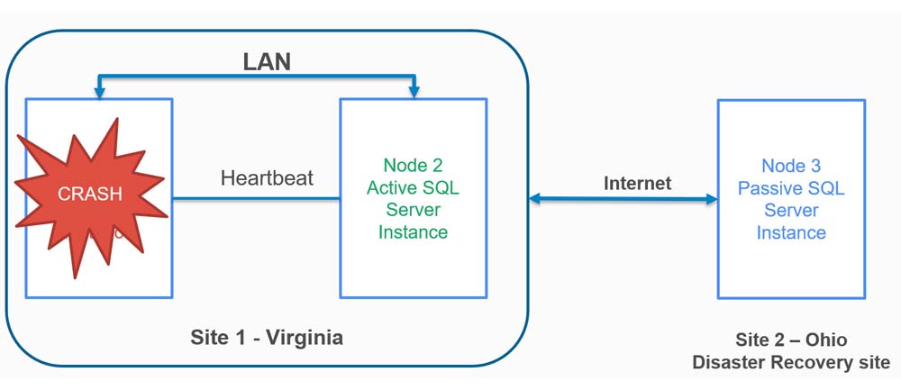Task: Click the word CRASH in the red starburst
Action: click(89, 194)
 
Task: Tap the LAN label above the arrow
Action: click(267, 62)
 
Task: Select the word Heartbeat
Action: click(267, 177)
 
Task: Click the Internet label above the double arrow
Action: click(637, 184)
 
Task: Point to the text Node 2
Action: click(413, 165)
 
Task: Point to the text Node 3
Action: click(791, 166)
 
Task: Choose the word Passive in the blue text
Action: click(770, 188)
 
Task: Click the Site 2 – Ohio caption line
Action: click(790, 340)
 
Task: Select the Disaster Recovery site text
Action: click(790, 362)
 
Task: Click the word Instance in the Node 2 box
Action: click(413, 232)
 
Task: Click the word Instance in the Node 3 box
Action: click(791, 232)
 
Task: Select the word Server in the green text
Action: click(413, 210)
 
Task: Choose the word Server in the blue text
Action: click(791, 210)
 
